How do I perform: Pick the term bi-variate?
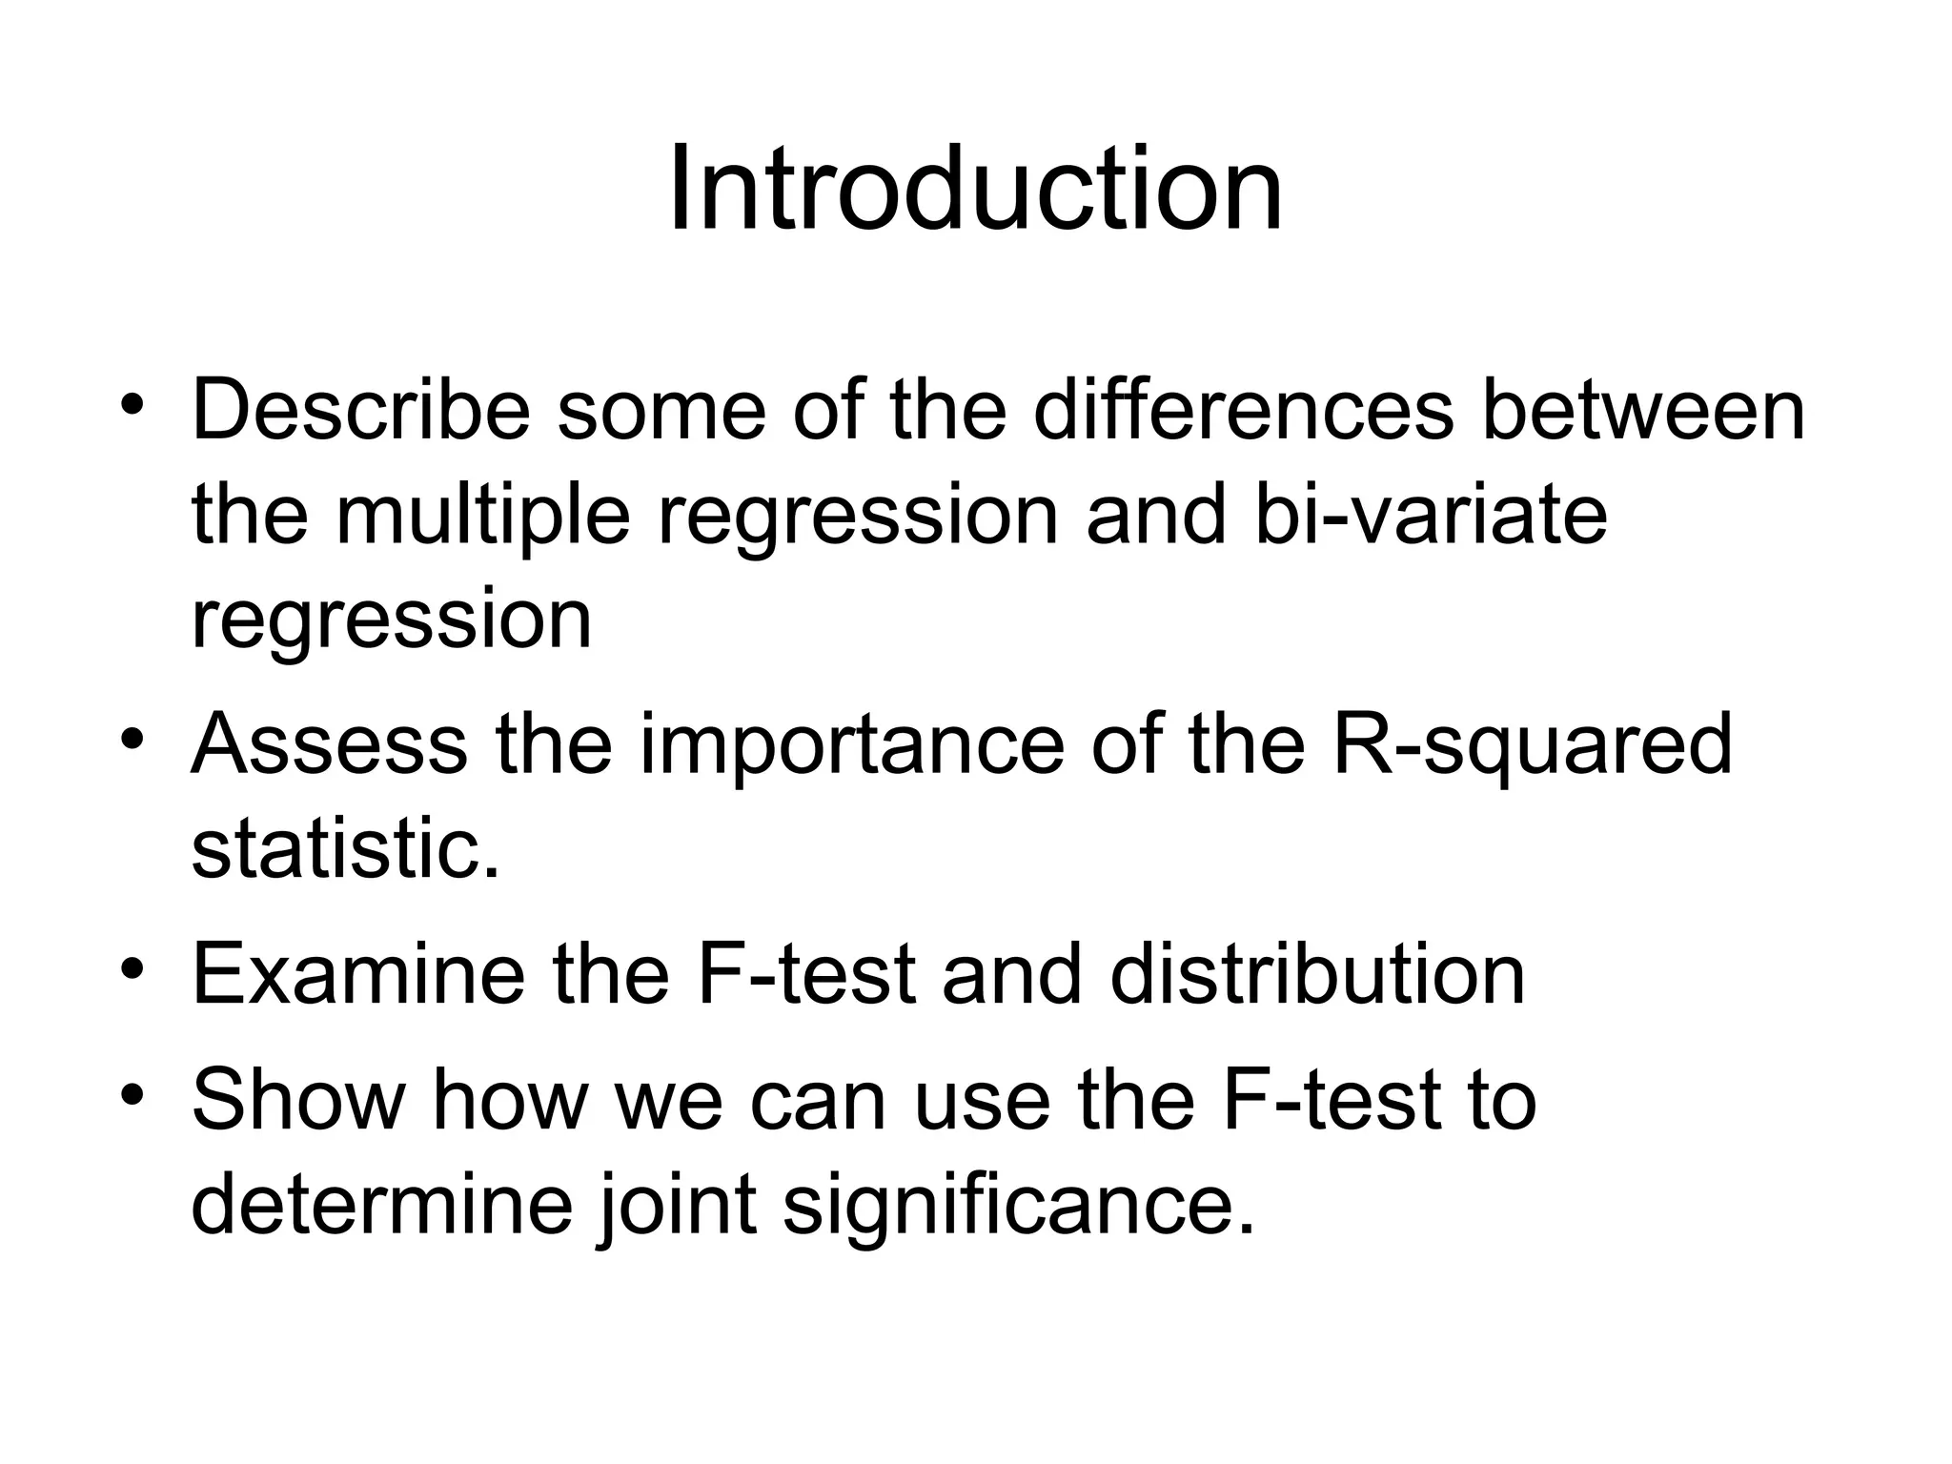(1430, 516)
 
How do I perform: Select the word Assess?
(329, 744)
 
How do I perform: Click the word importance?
(851, 746)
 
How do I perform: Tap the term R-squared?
(1531, 746)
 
